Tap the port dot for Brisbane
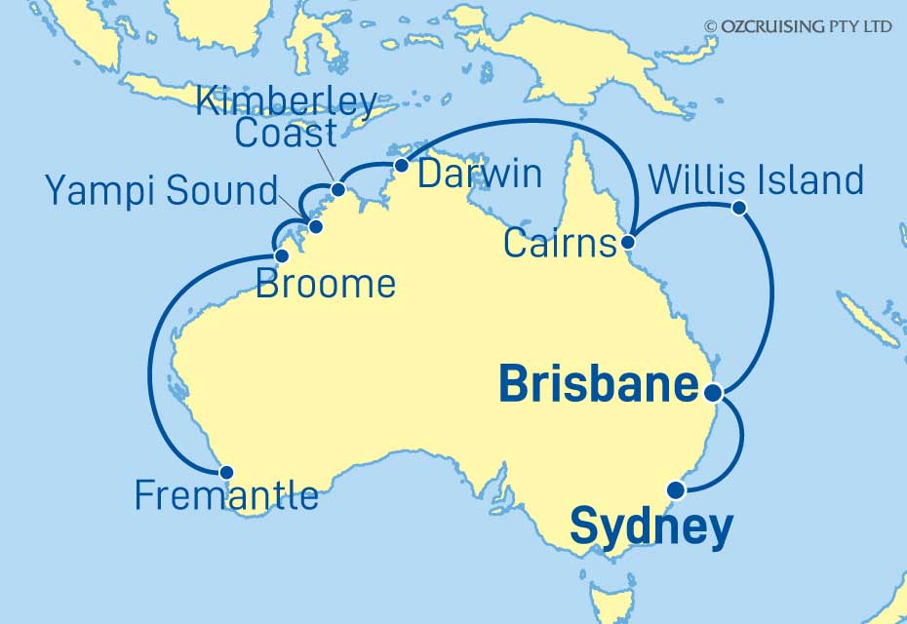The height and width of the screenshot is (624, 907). coord(713,393)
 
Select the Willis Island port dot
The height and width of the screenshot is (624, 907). coord(739,207)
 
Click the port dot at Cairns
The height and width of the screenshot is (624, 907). coord(630,242)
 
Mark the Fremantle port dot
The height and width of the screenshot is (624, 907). coord(226,472)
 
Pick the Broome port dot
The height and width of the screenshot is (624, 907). coord(281,256)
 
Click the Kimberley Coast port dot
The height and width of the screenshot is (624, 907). coord(337,189)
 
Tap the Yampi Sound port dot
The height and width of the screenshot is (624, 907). coord(314,227)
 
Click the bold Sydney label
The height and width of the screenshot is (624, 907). coord(651,527)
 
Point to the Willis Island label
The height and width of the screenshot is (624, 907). coord(755,179)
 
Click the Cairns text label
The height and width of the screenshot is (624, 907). coord(561,244)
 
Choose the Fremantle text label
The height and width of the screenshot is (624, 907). coord(226,496)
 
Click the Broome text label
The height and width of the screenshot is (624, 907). coord(325,284)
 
